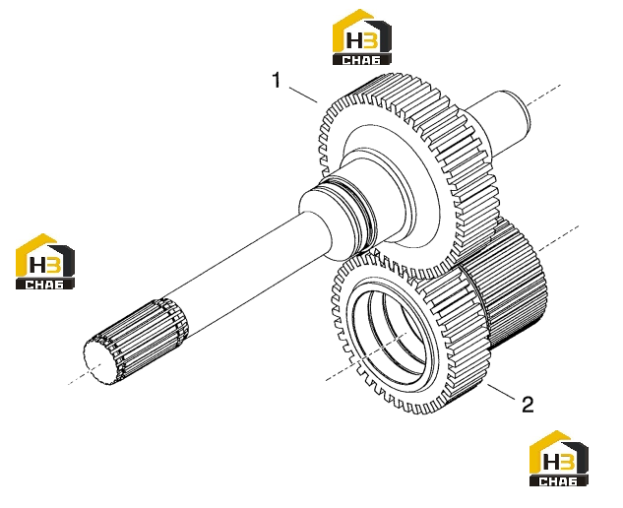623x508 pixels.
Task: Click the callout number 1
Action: point(277,80)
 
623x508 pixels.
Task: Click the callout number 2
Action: point(528,405)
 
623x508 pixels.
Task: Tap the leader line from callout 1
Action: point(303,95)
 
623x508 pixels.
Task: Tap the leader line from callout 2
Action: point(501,391)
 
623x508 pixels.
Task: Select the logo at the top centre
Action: point(362,37)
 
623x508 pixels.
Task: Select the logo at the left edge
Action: point(45,261)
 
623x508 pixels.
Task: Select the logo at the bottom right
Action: point(559,458)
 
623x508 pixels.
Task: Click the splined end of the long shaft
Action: point(135,341)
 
